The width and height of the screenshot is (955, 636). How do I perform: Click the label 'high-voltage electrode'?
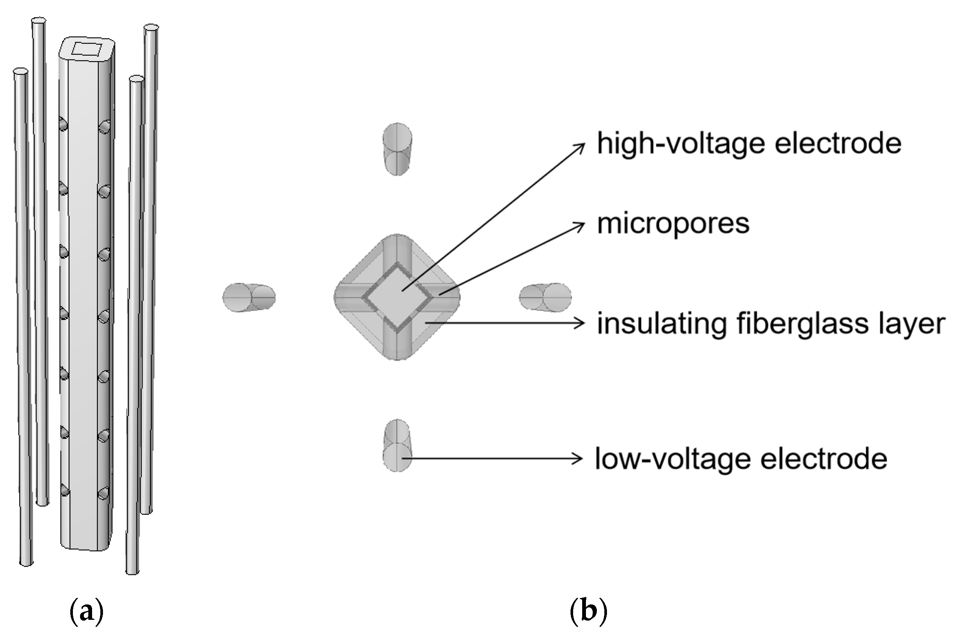point(749,144)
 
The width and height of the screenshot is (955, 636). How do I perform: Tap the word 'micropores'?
point(673,224)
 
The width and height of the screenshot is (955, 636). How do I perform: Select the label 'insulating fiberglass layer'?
point(771,324)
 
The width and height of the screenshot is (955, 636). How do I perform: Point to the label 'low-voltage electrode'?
point(741,459)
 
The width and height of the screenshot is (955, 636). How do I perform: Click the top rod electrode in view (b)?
point(397,149)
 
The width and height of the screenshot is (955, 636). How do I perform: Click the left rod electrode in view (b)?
point(249,297)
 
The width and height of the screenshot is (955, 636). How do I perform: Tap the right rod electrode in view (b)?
point(545,297)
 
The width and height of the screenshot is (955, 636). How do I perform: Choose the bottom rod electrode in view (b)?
point(397,445)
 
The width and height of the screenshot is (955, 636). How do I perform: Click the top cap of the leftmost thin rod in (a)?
point(20,71)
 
